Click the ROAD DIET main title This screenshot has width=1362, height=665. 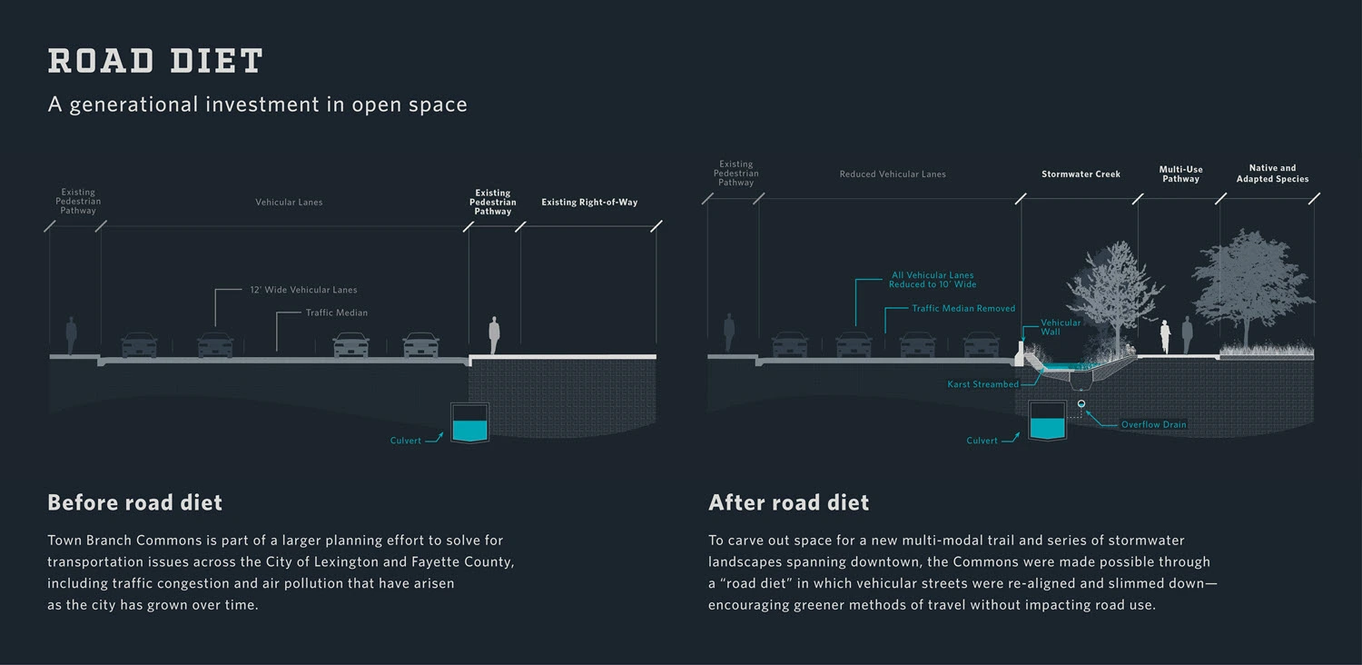(155, 62)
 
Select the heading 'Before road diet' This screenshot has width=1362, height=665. (134, 502)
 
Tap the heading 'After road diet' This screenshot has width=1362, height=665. (788, 502)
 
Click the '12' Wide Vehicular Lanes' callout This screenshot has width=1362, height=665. (303, 290)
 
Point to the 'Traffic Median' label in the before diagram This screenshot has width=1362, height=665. (336, 313)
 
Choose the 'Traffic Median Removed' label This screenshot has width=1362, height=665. (963, 309)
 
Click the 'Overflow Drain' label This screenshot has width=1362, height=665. (1153, 424)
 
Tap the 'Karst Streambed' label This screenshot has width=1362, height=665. (982, 384)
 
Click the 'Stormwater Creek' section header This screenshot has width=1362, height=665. (1081, 174)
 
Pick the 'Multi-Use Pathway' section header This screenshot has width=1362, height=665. (1180, 174)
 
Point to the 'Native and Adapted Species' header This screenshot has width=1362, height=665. (1272, 174)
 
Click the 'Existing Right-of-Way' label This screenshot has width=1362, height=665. (589, 203)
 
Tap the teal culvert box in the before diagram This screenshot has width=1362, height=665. (469, 423)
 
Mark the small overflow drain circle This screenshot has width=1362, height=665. (1081, 403)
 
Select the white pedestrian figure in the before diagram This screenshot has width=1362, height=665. (494, 335)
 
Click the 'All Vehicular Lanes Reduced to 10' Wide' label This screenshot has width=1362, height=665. (933, 280)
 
